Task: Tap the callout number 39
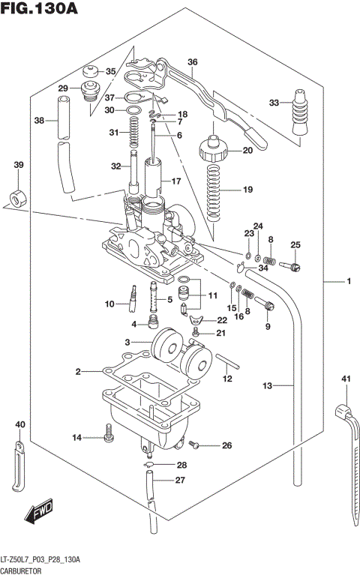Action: [19, 165]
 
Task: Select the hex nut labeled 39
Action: [15, 199]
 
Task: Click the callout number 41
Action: [346, 379]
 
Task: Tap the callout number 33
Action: [274, 103]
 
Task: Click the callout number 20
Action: [247, 150]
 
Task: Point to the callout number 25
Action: [295, 245]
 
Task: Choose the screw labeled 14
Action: [108, 431]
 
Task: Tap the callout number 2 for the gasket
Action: [77, 371]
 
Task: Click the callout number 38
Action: [39, 120]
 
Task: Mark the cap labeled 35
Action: [93, 73]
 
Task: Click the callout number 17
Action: [176, 181]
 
